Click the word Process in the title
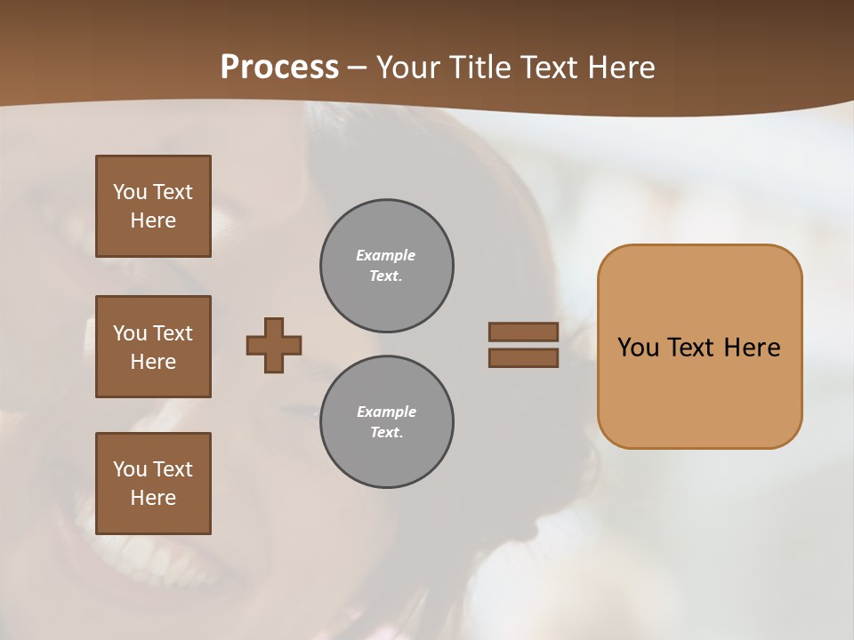click(x=279, y=68)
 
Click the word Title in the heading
click(x=476, y=68)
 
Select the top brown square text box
click(x=153, y=206)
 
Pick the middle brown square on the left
click(x=153, y=347)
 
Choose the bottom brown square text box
click(x=153, y=484)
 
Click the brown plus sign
click(x=274, y=345)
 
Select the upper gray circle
click(x=387, y=266)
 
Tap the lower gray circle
click(x=387, y=422)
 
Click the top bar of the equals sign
click(x=523, y=332)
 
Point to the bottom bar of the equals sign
click(x=523, y=358)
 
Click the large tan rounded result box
click(x=699, y=391)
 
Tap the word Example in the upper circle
click(x=386, y=255)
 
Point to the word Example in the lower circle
click(x=386, y=412)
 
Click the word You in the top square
click(x=130, y=192)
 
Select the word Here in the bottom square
click(x=153, y=498)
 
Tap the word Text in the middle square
click(x=173, y=333)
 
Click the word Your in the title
click(x=408, y=68)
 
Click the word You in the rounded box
click(x=639, y=348)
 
